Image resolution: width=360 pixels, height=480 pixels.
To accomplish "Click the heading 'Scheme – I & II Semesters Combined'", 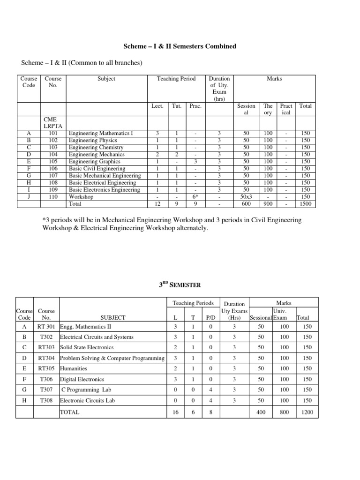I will (180, 46).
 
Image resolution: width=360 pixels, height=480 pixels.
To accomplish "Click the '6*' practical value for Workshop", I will (195, 197).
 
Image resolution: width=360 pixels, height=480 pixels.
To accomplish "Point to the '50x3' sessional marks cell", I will (246, 197).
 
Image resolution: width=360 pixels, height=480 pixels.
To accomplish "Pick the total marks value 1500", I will (306, 204).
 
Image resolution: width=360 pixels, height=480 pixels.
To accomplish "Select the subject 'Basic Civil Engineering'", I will (97, 169).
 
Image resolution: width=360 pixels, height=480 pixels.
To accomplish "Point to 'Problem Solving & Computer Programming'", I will (112, 358).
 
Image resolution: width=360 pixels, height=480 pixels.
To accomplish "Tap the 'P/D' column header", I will (210, 317).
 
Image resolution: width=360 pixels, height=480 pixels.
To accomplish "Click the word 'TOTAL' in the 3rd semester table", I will (70, 412).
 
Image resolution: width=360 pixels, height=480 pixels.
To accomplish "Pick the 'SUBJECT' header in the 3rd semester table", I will (113, 317).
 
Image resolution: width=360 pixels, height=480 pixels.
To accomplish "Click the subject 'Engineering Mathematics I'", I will (101, 134).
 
